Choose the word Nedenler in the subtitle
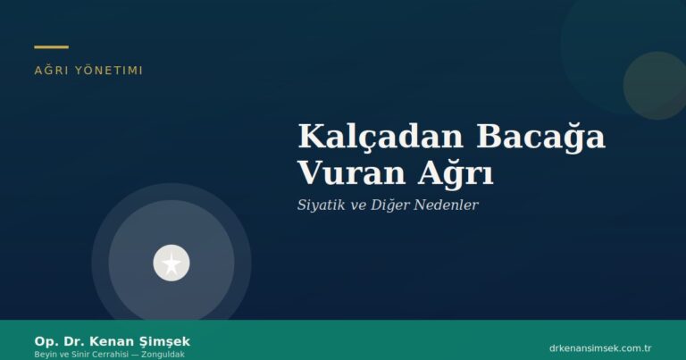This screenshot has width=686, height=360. [445, 205]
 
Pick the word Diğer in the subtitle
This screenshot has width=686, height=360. [387, 205]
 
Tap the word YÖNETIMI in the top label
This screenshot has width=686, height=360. [110, 70]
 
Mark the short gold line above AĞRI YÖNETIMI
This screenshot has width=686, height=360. [51, 46]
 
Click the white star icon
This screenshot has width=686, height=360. [171, 263]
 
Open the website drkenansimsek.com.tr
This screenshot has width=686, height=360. [599, 347]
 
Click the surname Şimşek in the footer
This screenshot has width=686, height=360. [165, 342]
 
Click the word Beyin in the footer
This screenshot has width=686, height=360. [44, 355]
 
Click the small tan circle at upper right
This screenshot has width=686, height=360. [655, 86]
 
